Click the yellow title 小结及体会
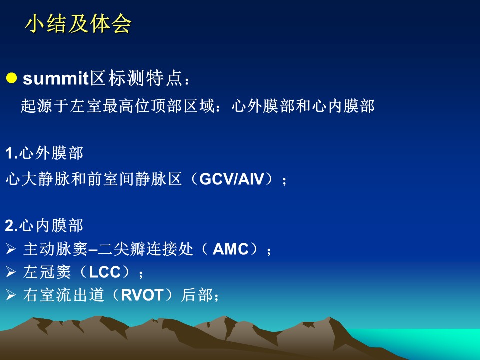click(x=78, y=24)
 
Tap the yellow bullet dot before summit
click(x=11, y=78)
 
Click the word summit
click(x=55, y=78)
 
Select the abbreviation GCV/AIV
click(x=231, y=179)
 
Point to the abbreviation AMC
click(x=230, y=249)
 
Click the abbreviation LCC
click(x=105, y=272)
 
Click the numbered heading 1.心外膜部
click(x=44, y=153)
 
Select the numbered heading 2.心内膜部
click(x=44, y=226)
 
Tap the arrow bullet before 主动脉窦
click(x=11, y=249)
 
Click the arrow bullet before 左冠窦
click(x=11, y=272)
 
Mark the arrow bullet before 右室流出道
click(x=11, y=295)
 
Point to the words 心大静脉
click(x=38, y=179)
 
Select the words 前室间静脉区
click(x=135, y=179)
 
